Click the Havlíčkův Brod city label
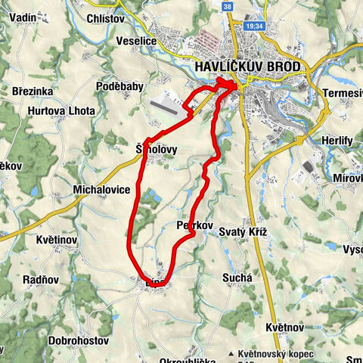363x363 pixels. click(x=247, y=67)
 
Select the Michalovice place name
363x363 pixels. click(x=101, y=189)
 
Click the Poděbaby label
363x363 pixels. click(x=119, y=87)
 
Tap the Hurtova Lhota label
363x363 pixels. click(x=62, y=110)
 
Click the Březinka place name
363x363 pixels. click(x=31, y=90)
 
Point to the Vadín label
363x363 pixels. click(x=20, y=17)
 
